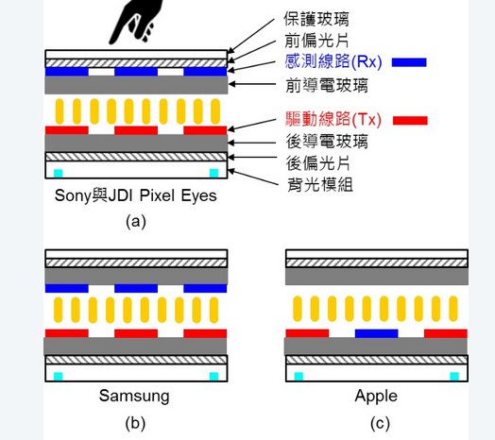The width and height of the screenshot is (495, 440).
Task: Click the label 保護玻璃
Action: click(316, 19)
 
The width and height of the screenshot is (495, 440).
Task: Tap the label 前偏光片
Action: click(316, 40)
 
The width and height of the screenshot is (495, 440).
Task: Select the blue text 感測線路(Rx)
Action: click(333, 61)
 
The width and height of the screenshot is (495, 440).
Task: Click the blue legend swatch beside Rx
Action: click(409, 62)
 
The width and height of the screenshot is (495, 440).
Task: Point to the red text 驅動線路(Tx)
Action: click(333, 119)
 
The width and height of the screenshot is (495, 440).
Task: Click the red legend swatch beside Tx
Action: click(410, 120)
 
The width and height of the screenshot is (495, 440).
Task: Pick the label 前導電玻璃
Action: click(327, 86)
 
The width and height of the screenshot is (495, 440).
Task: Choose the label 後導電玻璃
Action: click(327, 141)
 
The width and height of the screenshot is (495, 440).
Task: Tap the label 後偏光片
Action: click(318, 163)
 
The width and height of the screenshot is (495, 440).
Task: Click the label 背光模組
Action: click(320, 185)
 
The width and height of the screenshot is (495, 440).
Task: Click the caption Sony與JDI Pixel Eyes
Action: click(136, 195)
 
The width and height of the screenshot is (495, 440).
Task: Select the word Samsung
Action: click(134, 396)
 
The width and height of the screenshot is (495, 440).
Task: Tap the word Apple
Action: click(376, 396)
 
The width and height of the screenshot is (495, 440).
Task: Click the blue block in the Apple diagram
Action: click(377, 333)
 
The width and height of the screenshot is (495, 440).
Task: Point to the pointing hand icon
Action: click(136, 22)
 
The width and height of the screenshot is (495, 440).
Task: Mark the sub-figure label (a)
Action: click(136, 221)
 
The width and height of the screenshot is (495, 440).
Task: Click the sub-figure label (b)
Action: click(135, 423)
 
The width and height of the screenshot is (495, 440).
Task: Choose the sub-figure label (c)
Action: click(380, 423)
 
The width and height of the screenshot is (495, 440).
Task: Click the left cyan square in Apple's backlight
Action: click(299, 377)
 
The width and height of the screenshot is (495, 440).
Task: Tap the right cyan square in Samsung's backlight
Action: click(214, 377)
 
